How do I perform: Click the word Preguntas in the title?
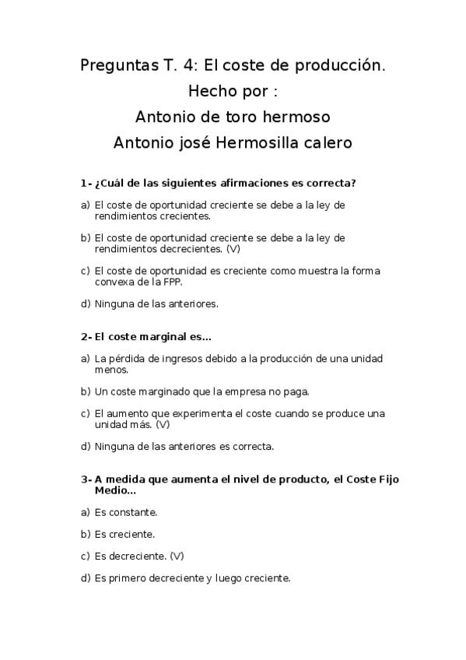(x=114, y=66)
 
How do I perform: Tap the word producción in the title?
(x=339, y=66)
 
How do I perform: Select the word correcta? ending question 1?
(x=331, y=184)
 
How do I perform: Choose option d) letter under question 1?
(x=85, y=304)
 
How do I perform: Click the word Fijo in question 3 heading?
(x=384, y=479)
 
